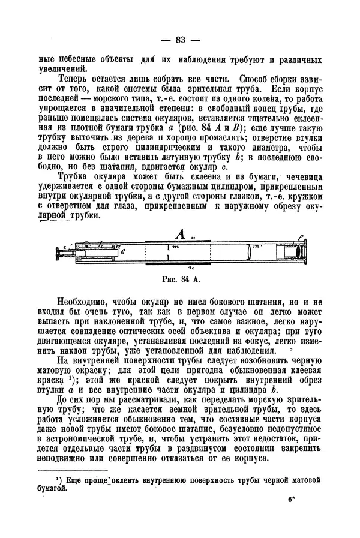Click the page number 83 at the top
point(179,40)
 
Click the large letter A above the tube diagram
point(178,233)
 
